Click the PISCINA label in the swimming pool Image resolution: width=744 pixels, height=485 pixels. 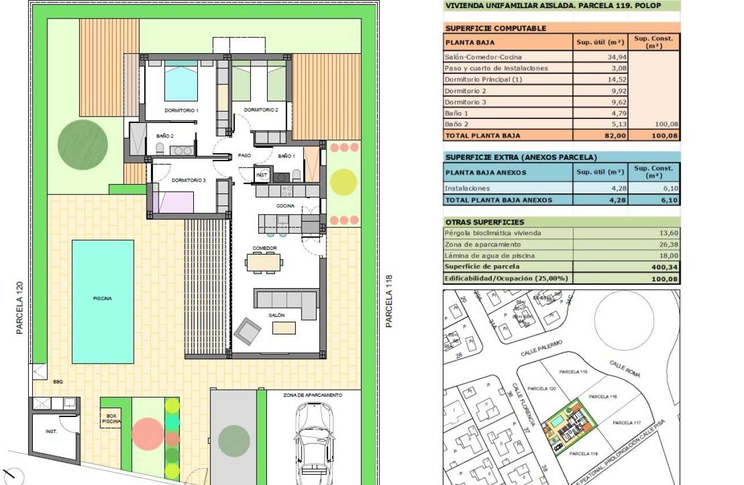[102, 299]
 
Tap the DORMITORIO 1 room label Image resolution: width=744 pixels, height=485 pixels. [181, 110]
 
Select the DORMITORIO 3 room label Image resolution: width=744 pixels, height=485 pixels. [189, 181]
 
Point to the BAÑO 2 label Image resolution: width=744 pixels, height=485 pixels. [165, 136]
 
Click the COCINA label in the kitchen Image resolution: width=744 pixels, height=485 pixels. [285, 206]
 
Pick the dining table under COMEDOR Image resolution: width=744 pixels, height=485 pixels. [264, 263]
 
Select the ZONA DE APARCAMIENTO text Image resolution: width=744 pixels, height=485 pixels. [313, 396]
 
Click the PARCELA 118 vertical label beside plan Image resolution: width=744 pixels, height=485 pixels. [389, 301]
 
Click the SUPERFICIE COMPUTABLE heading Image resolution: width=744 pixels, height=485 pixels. [495, 28]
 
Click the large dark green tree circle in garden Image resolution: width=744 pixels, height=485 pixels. [82, 144]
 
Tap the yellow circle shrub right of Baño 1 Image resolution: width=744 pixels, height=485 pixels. [344, 181]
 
